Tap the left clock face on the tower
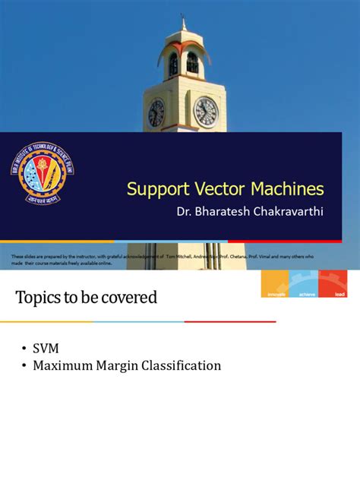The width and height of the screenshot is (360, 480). click(x=156, y=113)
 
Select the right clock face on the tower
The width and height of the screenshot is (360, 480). click(x=205, y=112)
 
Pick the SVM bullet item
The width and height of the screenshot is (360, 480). click(x=46, y=347)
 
